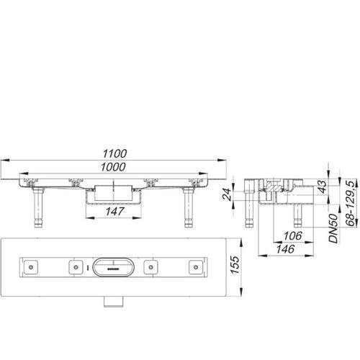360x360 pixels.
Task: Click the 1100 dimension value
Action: coord(114,153)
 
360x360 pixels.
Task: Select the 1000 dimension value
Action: coord(113,167)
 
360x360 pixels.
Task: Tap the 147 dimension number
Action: coord(114,212)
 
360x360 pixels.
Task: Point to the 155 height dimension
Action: coord(235,265)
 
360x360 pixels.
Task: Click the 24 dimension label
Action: coord(227,194)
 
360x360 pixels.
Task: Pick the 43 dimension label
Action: coord(323,186)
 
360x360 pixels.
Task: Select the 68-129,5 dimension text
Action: coord(351,204)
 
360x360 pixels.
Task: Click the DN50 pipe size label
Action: coord(333,228)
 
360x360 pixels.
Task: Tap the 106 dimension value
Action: coord(292,236)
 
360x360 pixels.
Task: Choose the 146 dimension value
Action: coord(285,249)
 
